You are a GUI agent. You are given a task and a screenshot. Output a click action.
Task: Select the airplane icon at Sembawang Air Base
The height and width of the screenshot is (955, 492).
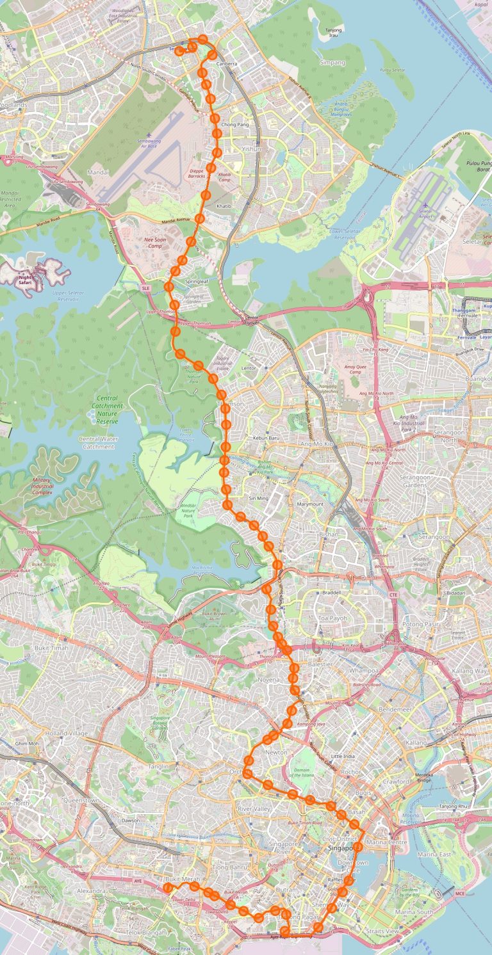coord(149,134)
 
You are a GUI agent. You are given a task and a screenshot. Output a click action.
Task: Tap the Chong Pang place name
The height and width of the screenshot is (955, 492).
coord(234,125)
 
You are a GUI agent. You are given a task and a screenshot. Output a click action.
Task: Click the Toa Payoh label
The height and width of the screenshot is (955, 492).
coord(332,619)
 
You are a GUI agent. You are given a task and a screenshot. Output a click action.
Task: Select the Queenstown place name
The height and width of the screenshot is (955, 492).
coord(81,800)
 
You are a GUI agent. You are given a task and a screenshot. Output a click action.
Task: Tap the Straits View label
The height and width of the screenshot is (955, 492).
coord(381,931)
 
